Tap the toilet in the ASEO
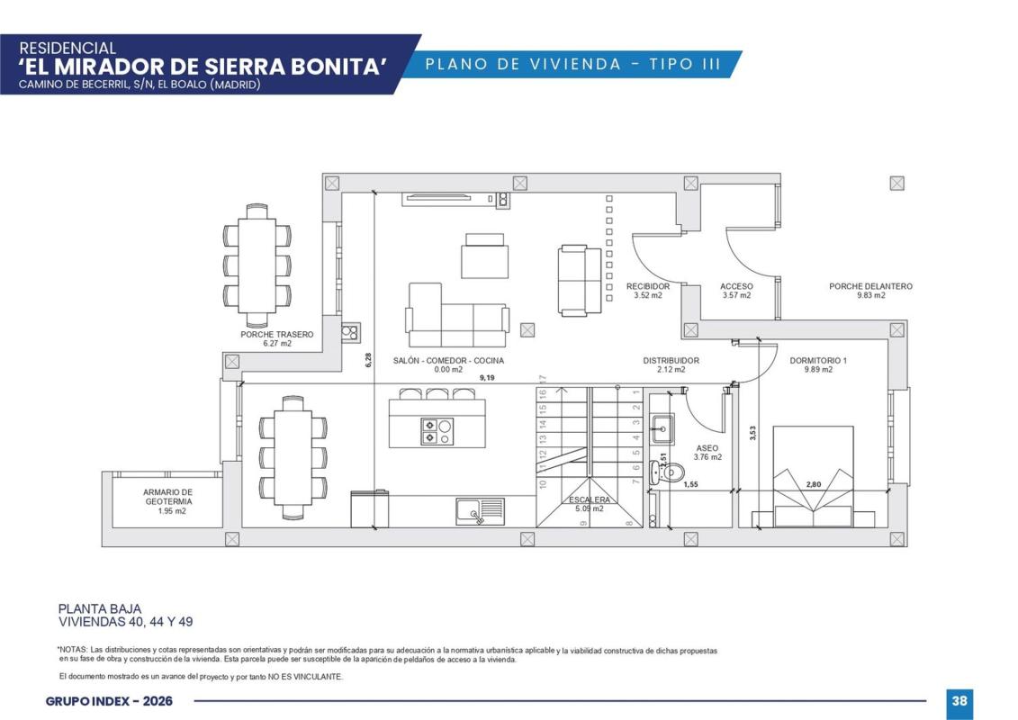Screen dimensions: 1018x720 click(x=668, y=472)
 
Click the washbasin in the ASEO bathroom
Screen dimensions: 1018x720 click(x=662, y=428)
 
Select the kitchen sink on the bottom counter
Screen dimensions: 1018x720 click(x=480, y=511)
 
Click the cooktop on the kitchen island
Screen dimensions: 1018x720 click(x=437, y=432)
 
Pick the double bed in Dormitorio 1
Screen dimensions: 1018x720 click(x=813, y=476)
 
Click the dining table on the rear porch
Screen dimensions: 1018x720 click(x=257, y=265)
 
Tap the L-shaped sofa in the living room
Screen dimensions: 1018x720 click(x=457, y=316)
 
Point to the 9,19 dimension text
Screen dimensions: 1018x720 click(x=487, y=377)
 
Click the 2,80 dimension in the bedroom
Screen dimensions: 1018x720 click(x=814, y=484)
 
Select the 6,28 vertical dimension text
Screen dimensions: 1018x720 click(x=369, y=360)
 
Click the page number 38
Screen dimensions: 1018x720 click(x=959, y=700)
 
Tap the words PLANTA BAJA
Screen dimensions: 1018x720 click(x=100, y=609)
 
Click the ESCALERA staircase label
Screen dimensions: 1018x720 click(x=590, y=499)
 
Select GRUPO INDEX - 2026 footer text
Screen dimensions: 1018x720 click(x=109, y=701)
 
